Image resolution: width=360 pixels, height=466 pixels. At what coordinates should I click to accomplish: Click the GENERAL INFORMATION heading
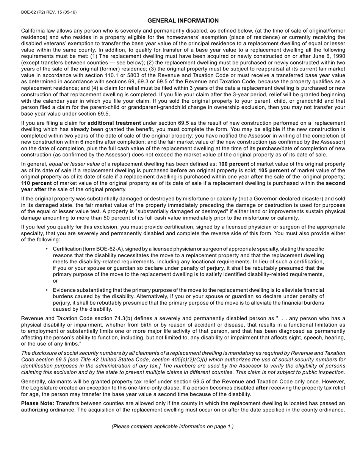pyautogui.click(x=183, y=21)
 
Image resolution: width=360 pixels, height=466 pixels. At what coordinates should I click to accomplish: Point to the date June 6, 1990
pyautogui.click(x=328, y=56)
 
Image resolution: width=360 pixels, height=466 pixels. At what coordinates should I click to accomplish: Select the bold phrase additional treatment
pyautogui.click(x=114, y=123)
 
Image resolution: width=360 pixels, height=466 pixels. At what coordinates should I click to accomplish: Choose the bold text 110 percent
pyautogui.click(x=36, y=183)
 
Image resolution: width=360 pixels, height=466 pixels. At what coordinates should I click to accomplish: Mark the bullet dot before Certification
pyautogui.click(x=47, y=249)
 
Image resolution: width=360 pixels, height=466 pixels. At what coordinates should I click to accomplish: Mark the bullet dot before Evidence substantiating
pyautogui.click(x=47, y=290)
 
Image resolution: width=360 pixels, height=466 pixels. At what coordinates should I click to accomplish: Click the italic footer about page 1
pyautogui.click(x=172, y=427)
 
